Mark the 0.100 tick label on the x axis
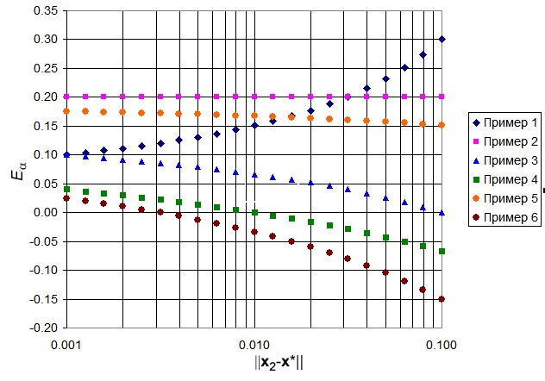point(442,343)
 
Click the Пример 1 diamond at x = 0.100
point(442,39)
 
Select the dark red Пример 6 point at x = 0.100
point(442,299)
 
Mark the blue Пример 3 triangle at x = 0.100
point(442,212)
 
